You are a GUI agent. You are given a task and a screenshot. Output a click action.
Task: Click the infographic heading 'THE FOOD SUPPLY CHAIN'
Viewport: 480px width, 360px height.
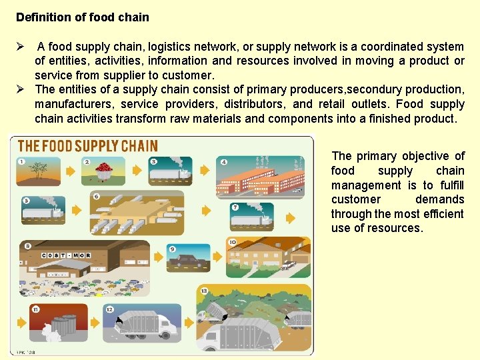click(x=87, y=146)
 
